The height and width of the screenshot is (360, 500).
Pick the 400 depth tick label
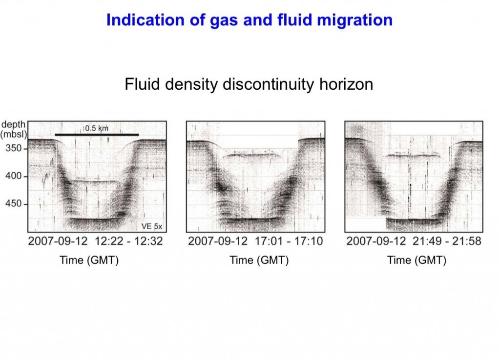pos(13,176)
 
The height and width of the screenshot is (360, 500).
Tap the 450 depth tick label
pos(13,203)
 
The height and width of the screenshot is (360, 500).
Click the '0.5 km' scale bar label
pos(97,128)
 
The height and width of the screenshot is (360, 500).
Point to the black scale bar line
pos(97,134)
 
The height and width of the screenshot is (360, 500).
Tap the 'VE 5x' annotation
pos(153,226)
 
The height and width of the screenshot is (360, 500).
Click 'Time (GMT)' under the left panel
pos(89,260)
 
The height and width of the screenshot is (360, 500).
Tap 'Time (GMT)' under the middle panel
pos(259,260)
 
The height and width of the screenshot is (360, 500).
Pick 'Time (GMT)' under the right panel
pos(417,260)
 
